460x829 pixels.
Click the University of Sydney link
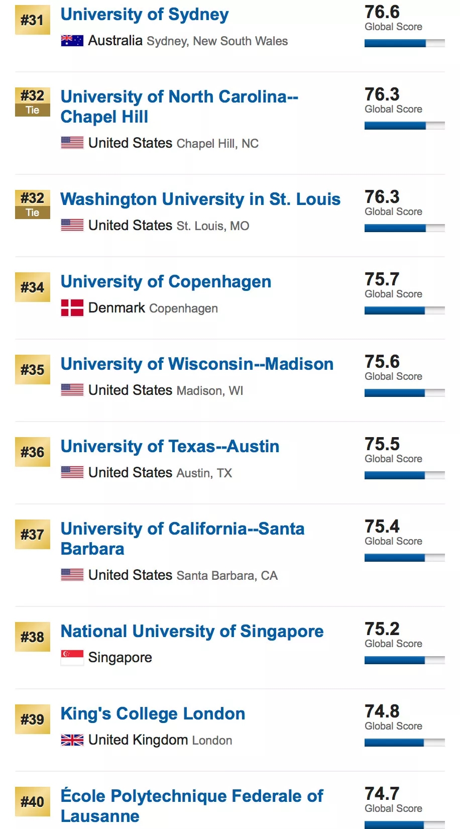[145, 15]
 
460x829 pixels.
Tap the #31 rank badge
[33, 20]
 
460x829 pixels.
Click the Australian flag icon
[72, 41]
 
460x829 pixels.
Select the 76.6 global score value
[382, 12]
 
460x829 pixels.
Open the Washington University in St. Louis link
[200, 199]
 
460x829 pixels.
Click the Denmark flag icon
[72, 308]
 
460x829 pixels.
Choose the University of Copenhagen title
[166, 282]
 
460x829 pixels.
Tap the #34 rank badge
[33, 287]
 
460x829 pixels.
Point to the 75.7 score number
[382, 279]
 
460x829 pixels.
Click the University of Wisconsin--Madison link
[197, 364]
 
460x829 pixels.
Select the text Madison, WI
[210, 391]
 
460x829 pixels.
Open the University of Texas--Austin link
[170, 447]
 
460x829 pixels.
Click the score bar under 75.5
[404, 475]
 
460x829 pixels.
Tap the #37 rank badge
[33, 535]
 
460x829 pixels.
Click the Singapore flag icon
[72, 657]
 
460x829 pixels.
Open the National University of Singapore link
[192, 632]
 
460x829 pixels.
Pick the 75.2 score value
[382, 629]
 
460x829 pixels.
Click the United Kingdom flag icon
[72, 740]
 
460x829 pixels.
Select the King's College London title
[153, 714]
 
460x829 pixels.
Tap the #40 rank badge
[33, 802]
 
